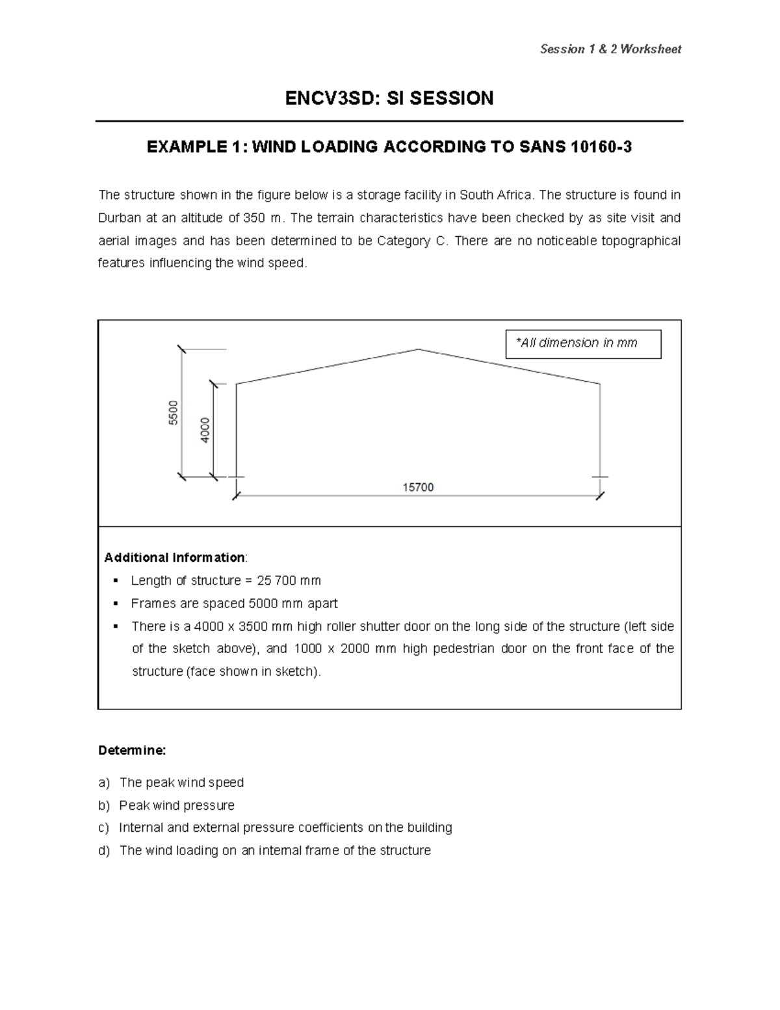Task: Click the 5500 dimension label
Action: pos(173,413)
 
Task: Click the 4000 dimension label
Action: pos(205,430)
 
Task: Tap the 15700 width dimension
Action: pos(418,487)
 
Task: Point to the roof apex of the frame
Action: pos(418,349)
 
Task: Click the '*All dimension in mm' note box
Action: pos(583,343)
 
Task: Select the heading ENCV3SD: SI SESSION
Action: pos(389,98)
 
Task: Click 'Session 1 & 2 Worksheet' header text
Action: pos(610,49)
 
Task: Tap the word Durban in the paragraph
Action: pos(119,218)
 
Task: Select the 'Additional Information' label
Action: pos(174,557)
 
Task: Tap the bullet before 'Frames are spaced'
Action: pos(116,603)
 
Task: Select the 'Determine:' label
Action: pos(132,751)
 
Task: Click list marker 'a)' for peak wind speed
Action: pos(104,782)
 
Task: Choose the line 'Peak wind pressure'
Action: pos(177,805)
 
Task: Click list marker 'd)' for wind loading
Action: pos(104,851)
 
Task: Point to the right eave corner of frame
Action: pos(599,384)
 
